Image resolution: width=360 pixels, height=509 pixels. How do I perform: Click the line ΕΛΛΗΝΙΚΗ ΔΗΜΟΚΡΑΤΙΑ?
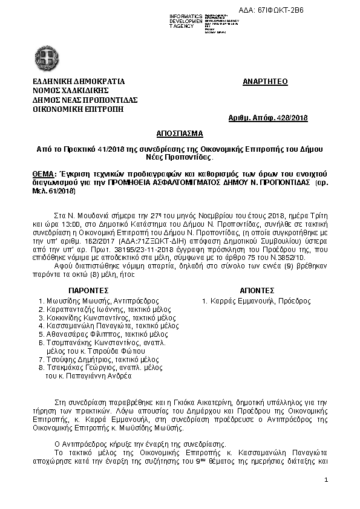point(79,81)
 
